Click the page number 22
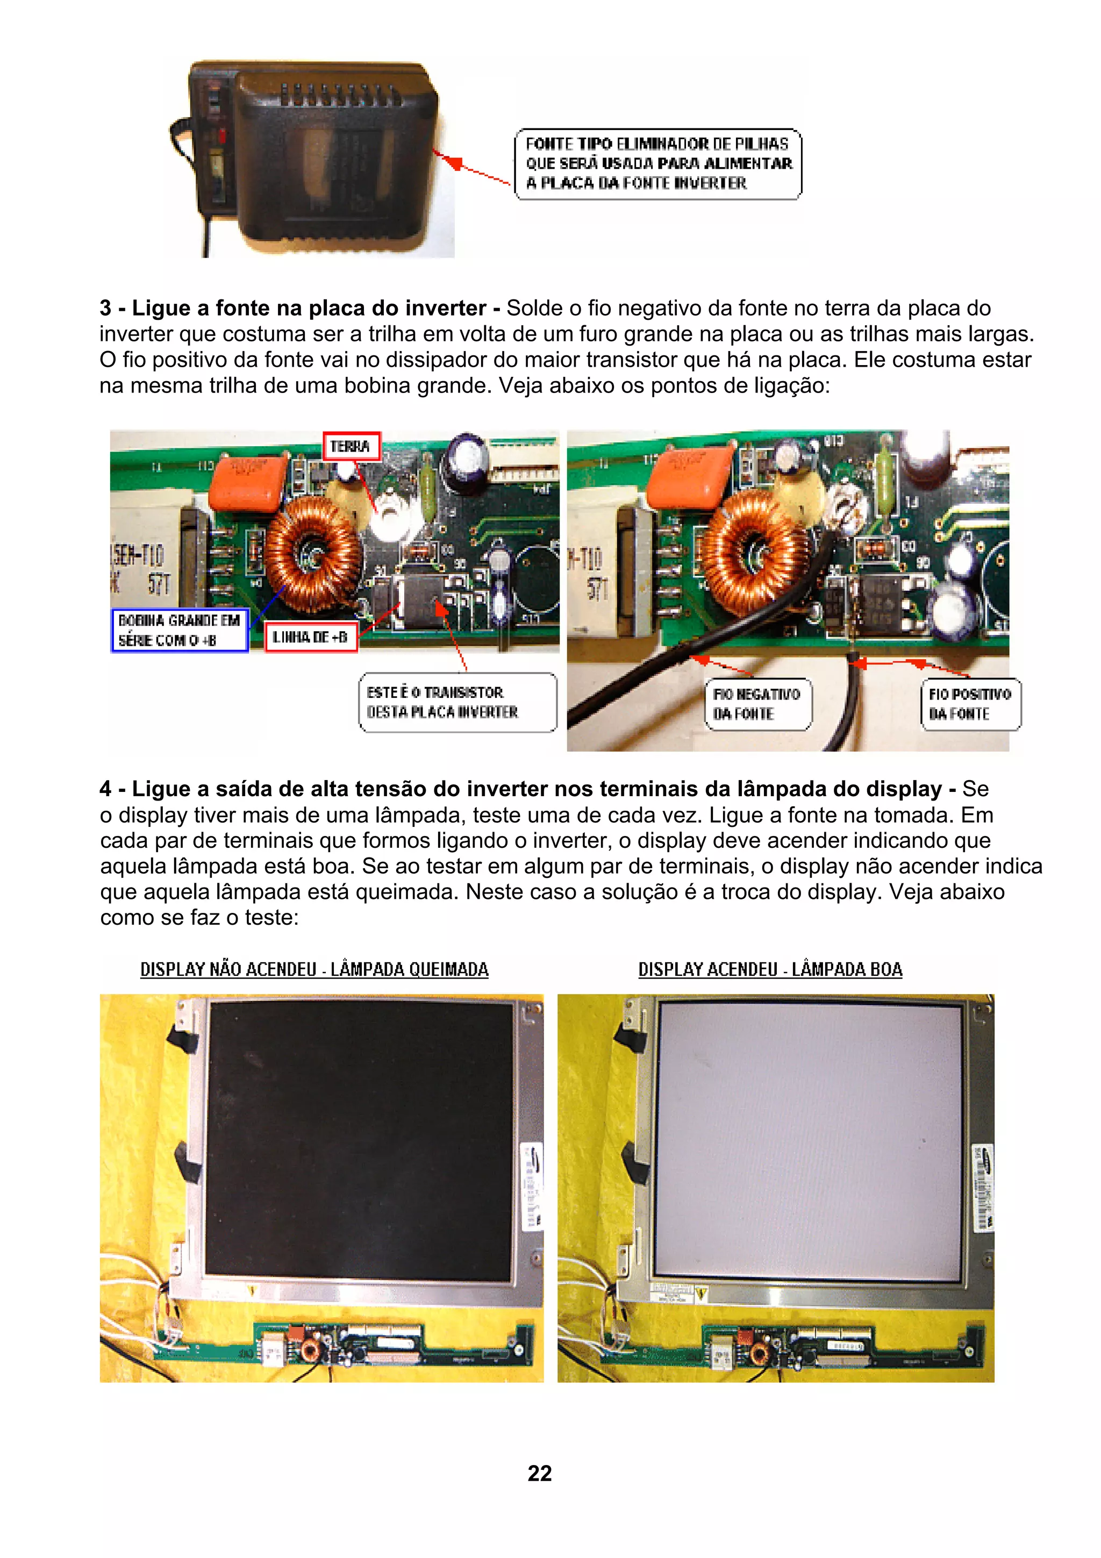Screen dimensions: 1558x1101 click(539, 1473)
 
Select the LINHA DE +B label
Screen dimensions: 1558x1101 click(310, 637)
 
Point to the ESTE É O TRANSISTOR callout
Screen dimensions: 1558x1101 click(457, 702)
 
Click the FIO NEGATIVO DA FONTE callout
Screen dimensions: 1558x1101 click(757, 704)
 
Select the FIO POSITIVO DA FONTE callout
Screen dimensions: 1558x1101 click(970, 704)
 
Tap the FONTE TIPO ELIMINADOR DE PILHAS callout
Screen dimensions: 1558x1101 click(657, 163)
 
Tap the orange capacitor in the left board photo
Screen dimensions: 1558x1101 click(248, 481)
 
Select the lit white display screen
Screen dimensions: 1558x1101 click(809, 1140)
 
